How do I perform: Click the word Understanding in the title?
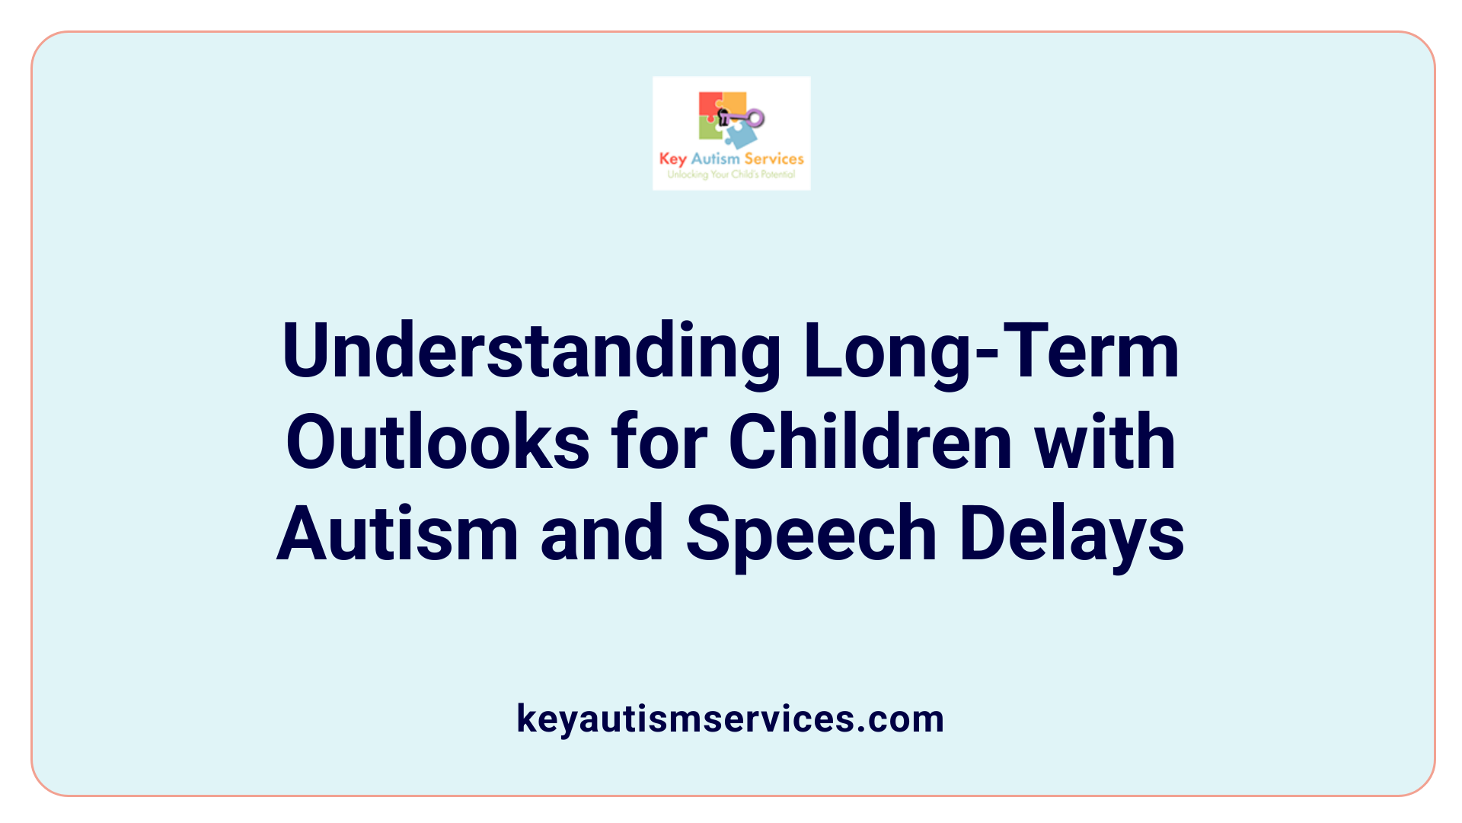click(531, 352)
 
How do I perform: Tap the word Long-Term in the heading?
click(991, 352)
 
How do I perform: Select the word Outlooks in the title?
click(438, 443)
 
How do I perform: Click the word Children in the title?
click(870, 443)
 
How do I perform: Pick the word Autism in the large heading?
click(397, 534)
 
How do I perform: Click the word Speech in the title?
click(811, 534)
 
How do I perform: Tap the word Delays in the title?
click(1071, 534)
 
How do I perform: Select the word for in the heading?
click(659, 443)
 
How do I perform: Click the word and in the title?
click(602, 534)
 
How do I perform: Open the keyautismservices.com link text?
click(730, 719)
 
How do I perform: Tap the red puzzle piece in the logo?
click(710, 105)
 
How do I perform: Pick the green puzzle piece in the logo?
click(710, 130)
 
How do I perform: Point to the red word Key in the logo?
click(672, 159)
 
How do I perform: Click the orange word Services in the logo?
click(774, 159)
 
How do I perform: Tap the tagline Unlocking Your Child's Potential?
click(731, 175)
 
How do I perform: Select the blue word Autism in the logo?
click(715, 159)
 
